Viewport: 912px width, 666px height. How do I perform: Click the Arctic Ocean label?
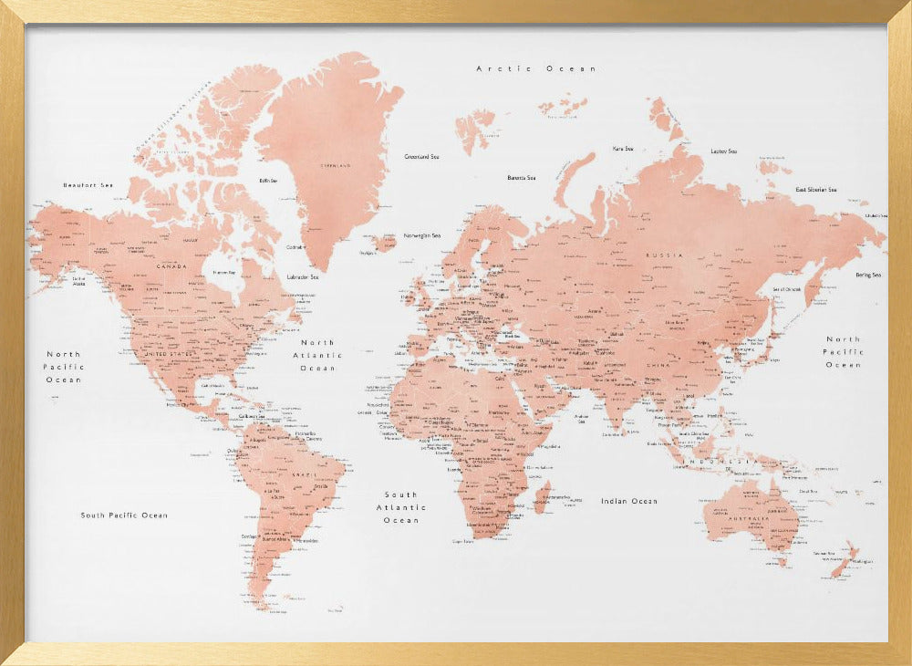tap(535, 68)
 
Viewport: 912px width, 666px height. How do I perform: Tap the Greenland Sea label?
tap(421, 157)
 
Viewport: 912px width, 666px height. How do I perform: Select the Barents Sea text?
tap(522, 178)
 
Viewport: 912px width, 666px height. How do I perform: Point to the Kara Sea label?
tap(623, 148)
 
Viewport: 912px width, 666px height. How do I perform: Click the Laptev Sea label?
tap(723, 151)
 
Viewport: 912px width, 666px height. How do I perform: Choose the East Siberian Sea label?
tap(815, 190)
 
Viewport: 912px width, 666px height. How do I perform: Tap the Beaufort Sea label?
tap(88, 185)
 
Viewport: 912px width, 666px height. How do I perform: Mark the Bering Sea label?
tap(867, 275)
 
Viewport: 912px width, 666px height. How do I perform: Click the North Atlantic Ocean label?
tap(317, 355)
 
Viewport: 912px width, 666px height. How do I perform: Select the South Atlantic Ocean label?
tap(401, 507)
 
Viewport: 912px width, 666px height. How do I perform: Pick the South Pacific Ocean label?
tap(124, 515)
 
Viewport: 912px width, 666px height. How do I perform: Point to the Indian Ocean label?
tap(628, 501)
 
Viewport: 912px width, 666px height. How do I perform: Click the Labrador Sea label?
tap(302, 276)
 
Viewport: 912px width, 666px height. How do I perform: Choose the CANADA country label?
tap(171, 266)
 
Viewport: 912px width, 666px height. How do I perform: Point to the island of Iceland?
tap(385, 242)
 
